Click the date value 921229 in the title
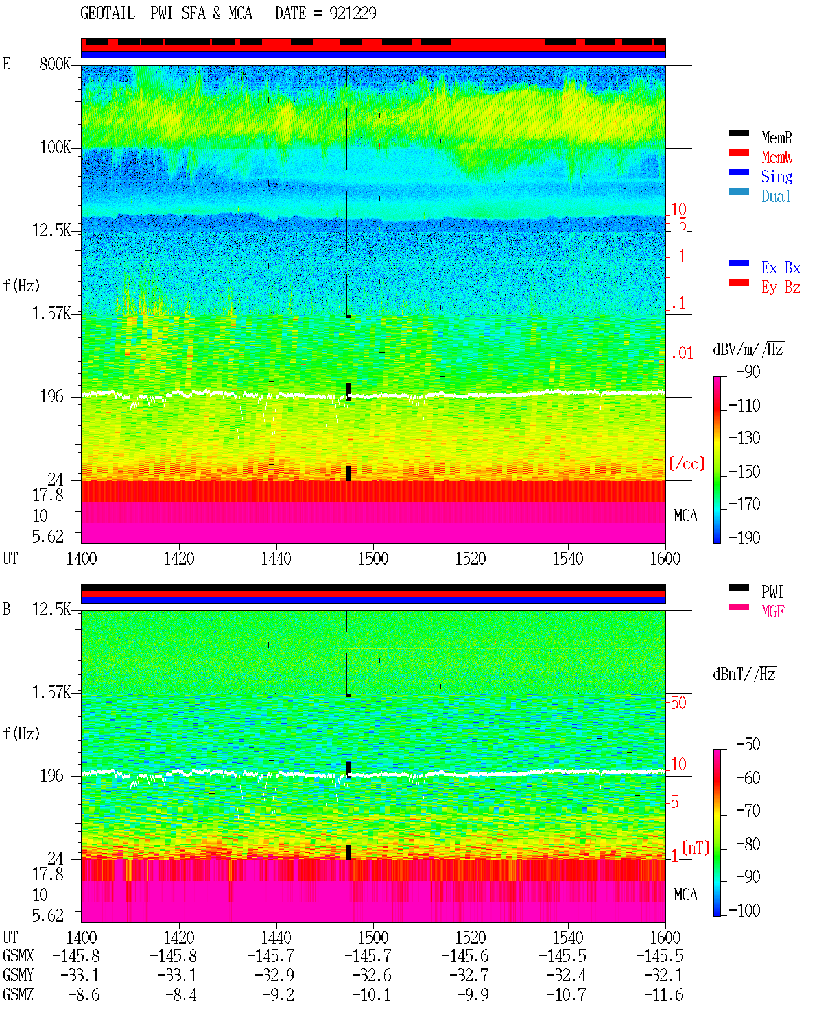coord(353,13)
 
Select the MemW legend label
coord(777,156)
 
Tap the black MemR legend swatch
coord(739,132)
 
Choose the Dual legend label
coord(776,196)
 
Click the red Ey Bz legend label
coord(781,287)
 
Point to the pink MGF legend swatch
coord(739,607)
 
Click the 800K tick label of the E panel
coord(55,64)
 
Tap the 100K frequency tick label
coord(55,147)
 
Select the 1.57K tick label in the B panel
coord(51,693)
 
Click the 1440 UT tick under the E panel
coord(276,558)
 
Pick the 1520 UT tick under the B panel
coord(471,937)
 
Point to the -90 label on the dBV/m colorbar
coord(748,371)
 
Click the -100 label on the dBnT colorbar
coord(744,910)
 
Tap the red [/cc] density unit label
coord(687,463)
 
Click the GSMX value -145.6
coord(465,955)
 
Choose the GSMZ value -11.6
coord(663,994)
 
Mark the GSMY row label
coord(18,975)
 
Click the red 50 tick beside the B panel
coord(678,702)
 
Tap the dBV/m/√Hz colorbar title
coord(748,349)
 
